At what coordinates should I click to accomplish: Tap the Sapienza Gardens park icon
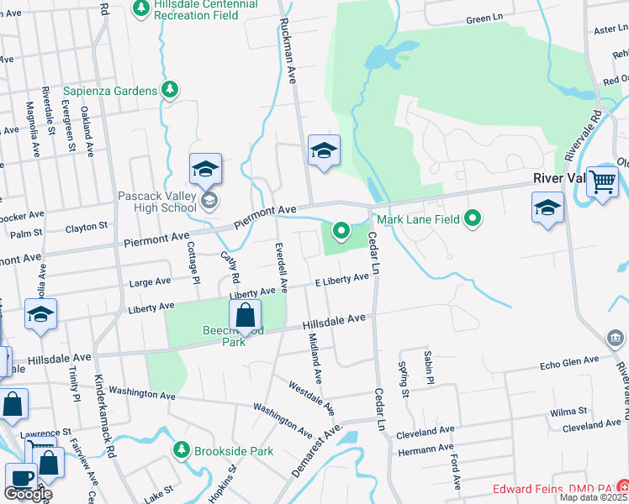click(171, 89)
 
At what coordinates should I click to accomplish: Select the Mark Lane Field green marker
click(473, 219)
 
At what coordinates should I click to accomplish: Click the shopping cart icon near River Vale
click(602, 181)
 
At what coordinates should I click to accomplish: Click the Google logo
click(28, 494)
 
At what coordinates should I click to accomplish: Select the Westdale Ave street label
click(312, 399)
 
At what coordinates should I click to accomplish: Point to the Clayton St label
click(87, 227)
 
